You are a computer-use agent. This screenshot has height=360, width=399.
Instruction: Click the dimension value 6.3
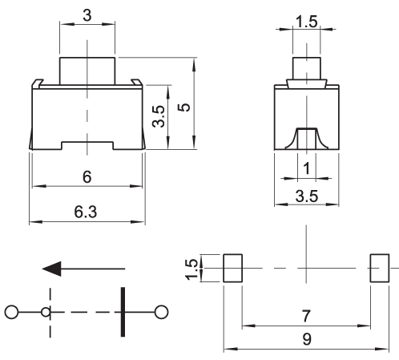tap(86, 212)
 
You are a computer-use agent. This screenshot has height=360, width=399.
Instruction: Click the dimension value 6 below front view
tap(87, 177)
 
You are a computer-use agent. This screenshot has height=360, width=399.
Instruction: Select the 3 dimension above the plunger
tap(87, 15)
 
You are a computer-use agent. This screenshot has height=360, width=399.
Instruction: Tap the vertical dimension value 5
tap(184, 107)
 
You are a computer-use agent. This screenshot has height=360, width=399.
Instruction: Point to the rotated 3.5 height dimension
tap(159, 116)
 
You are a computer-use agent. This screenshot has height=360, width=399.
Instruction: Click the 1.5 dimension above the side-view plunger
tap(307, 22)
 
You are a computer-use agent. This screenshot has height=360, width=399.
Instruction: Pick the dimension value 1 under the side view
tap(307, 168)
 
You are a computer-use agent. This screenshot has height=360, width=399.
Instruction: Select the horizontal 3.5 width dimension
tap(307, 196)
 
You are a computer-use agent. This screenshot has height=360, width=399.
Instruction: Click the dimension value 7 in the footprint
tap(306, 316)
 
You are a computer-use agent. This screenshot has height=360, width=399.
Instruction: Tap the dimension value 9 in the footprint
tap(307, 339)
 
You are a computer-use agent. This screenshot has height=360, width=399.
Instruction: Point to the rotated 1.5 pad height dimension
tap(191, 269)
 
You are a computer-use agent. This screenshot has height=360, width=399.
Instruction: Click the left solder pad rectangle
tap(233, 268)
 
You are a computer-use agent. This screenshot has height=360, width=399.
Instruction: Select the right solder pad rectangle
tap(380, 268)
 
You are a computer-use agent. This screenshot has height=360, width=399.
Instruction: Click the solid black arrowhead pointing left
tap(52, 269)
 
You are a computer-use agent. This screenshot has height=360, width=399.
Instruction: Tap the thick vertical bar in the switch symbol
tap(123, 312)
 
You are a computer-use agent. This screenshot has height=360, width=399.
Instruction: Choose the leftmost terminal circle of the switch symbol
tap(11, 312)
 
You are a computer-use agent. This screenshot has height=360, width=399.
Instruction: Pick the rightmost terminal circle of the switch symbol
tap(161, 312)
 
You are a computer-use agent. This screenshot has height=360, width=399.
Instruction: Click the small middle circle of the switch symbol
tap(46, 312)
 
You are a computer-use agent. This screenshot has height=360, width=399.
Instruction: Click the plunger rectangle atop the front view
tap(87, 71)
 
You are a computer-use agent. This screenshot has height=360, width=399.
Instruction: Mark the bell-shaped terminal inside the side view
tap(307, 138)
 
